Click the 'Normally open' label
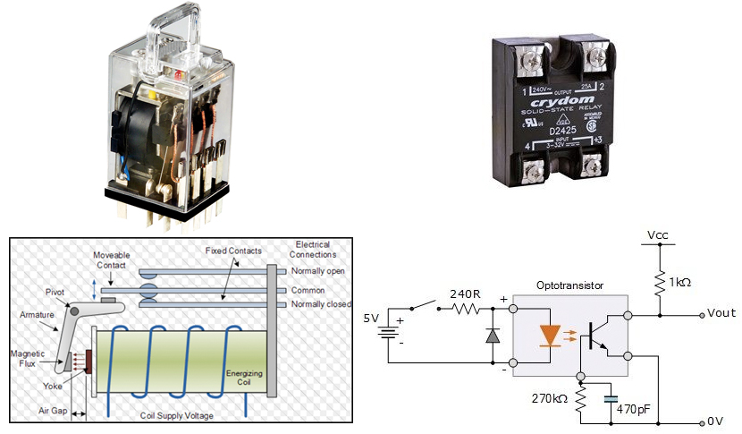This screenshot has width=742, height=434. coord(319,270)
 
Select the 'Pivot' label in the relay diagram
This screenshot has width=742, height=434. coord(55,292)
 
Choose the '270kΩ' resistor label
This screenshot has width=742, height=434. coord(548,397)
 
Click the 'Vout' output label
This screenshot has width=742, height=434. coord(721,313)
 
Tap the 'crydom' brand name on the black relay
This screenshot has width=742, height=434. coord(556,100)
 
